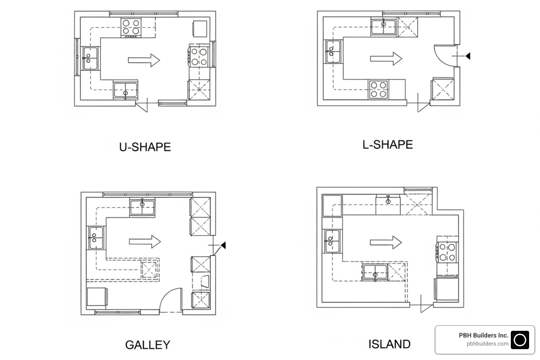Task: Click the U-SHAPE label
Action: [145, 147]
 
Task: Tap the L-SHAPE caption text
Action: [387, 144]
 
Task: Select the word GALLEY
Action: [148, 345]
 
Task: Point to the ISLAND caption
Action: [389, 344]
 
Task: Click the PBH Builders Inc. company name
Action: [483, 335]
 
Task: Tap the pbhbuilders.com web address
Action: [487, 344]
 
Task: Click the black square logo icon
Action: [520, 340]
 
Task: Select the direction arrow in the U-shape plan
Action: [144, 60]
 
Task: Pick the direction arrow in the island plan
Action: [386, 242]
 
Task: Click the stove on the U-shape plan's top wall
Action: [131, 28]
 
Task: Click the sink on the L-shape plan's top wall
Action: [384, 27]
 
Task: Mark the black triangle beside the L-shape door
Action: [468, 56]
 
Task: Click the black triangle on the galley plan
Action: [223, 245]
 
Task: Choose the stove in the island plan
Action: [447, 252]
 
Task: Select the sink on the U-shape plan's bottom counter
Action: [126, 90]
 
